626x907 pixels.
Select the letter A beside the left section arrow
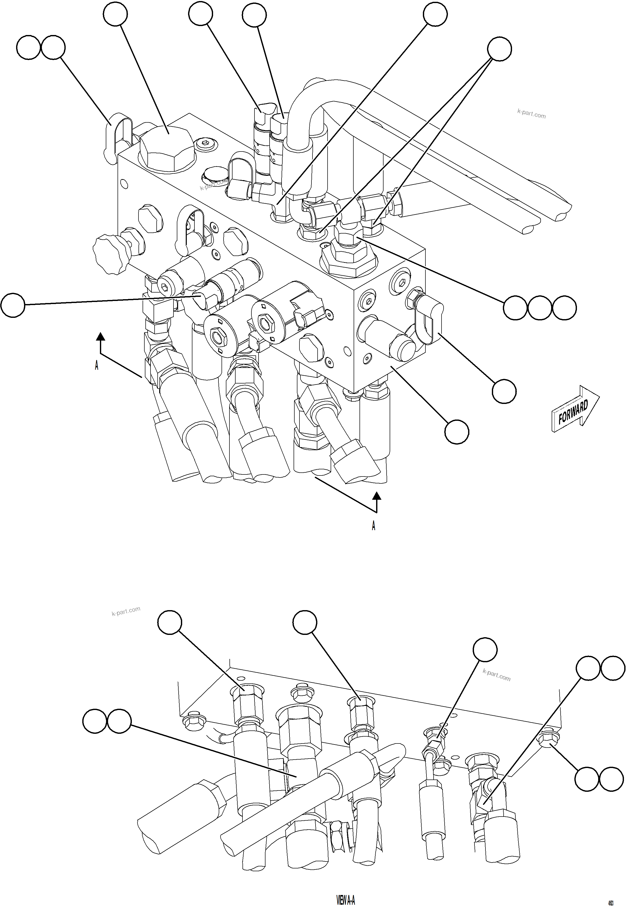[x=97, y=365]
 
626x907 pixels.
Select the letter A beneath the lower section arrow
[x=373, y=526]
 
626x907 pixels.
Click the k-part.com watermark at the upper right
[x=531, y=114]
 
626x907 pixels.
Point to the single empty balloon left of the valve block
[x=13, y=305]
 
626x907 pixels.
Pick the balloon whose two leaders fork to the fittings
[x=499, y=49]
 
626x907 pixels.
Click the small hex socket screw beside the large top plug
[x=205, y=144]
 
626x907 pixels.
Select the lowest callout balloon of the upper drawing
[x=457, y=432]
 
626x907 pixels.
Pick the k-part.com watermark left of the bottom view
[x=125, y=611]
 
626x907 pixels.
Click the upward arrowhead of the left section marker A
[x=101, y=336]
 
